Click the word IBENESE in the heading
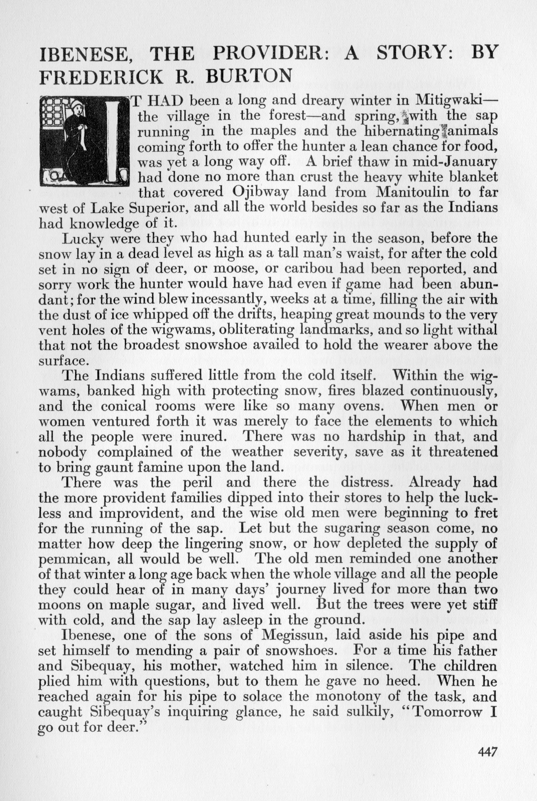[x=82, y=54]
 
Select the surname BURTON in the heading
[x=248, y=76]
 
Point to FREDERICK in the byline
[x=101, y=76]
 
